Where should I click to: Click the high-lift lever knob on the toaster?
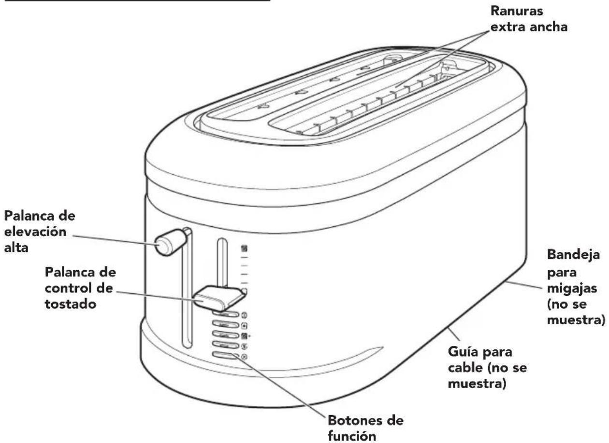click(x=165, y=243)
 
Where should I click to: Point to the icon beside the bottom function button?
click(x=244, y=357)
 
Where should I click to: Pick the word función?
click(x=351, y=436)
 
